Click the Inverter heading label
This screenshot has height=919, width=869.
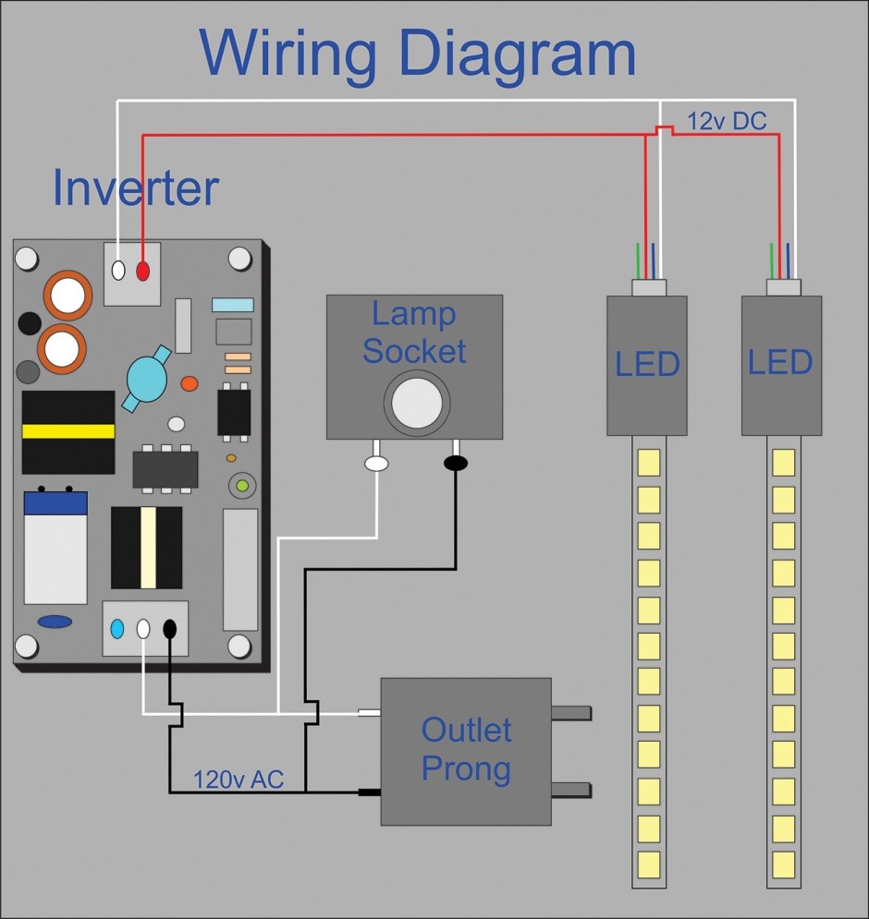click(x=135, y=187)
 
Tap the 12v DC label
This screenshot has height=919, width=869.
click(x=727, y=120)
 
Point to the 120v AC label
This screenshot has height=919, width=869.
click(x=238, y=779)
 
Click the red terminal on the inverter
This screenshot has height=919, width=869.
click(x=142, y=271)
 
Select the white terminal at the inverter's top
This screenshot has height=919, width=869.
click(x=117, y=271)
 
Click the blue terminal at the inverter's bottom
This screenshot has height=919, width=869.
click(x=117, y=629)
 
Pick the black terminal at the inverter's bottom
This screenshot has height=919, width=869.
click(x=170, y=629)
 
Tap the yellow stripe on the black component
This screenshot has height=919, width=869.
click(x=67, y=431)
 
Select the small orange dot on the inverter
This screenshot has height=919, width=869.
click(x=190, y=383)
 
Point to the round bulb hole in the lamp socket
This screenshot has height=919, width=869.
click(x=417, y=402)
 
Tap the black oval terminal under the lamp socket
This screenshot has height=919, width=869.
click(x=456, y=461)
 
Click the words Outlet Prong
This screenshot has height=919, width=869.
click(x=466, y=749)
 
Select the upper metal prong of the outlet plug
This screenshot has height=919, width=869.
click(x=570, y=713)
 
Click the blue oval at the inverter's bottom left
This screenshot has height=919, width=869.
click(x=55, y=622)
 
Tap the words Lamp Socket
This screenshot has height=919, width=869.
click(x=414, y=333)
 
